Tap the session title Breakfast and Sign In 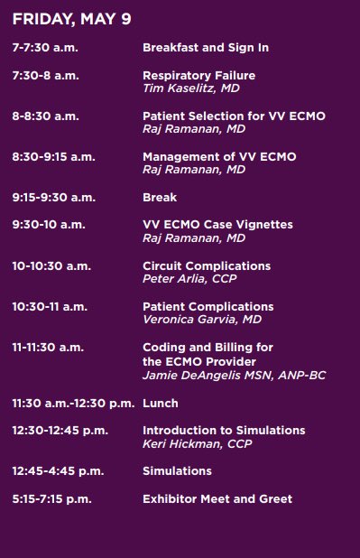(206, 47)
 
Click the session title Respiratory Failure (198, 75)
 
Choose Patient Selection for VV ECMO (234, 116)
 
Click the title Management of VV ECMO (219, 157)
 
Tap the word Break (160, 197)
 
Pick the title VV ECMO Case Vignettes (217, 225)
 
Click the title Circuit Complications (207, 265)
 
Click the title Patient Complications (208, 307)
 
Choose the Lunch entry (161, 403)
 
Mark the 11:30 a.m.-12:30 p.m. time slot (73, 403)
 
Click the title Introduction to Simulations (224, 430)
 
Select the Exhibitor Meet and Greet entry (217, 498)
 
